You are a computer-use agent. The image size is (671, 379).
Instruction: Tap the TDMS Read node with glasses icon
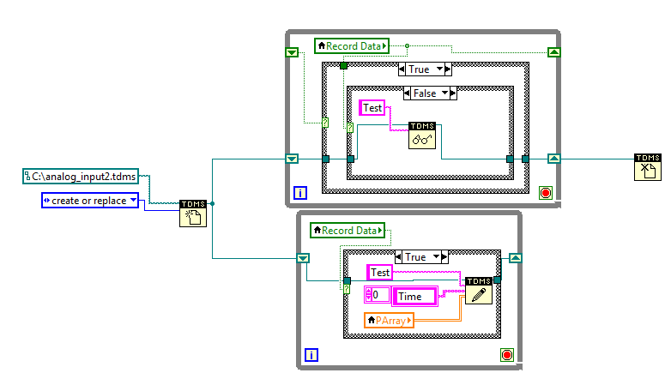pos(423,135)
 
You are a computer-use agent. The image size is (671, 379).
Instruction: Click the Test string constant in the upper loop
pos(372,107)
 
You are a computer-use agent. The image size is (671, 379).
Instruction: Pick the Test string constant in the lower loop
pos(379,272)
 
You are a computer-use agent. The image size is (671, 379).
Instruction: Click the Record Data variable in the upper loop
pos(352,45)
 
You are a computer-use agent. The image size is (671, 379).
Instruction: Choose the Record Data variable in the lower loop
pos(347,230)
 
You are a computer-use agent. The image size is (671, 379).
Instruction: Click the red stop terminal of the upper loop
pos(545,192)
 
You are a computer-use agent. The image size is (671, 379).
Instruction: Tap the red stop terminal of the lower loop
pos(505,355)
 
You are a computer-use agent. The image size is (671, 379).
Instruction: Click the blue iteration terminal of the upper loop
pos(299,192)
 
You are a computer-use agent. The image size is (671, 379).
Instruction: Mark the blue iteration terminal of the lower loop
pos(311,355)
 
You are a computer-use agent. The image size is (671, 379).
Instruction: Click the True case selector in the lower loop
pos(421,256)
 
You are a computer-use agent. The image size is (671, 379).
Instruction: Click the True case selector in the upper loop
pos(424,69)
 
